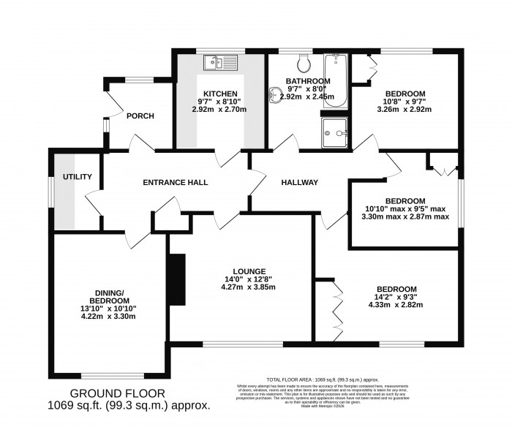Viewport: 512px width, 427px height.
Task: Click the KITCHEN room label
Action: point(220,94)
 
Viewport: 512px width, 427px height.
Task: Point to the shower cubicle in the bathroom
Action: point(335,133)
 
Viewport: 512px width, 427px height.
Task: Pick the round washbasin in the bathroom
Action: point(275,94)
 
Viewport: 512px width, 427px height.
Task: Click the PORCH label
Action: point(140,116)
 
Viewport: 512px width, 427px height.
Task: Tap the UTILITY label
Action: point(76,177)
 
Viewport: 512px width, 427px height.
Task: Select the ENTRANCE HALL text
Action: point(176,182)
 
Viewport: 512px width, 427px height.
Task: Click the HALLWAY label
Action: point(300,182)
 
